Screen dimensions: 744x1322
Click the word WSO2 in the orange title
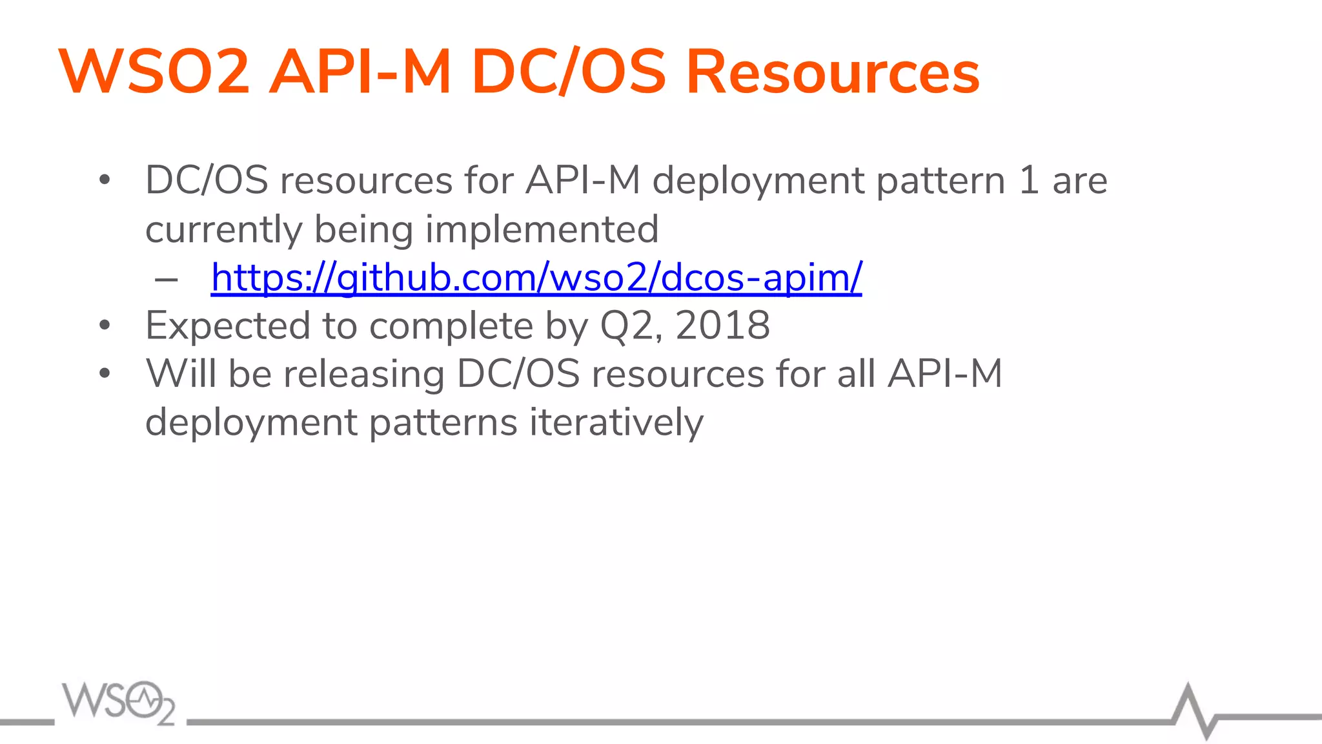154,72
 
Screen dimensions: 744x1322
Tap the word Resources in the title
832,72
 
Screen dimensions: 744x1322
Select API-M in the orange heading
360,72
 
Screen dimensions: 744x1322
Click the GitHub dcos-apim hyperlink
536,278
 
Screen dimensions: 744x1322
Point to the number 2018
722,325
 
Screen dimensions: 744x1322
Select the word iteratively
616,422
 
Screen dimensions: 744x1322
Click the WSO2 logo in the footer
119,702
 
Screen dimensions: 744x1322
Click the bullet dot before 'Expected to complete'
105,325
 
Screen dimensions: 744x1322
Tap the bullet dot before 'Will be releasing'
105,373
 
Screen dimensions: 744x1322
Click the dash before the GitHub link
167,279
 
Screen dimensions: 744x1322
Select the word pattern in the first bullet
941,180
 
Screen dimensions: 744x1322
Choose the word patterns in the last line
443,422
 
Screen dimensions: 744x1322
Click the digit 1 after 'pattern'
1029,180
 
